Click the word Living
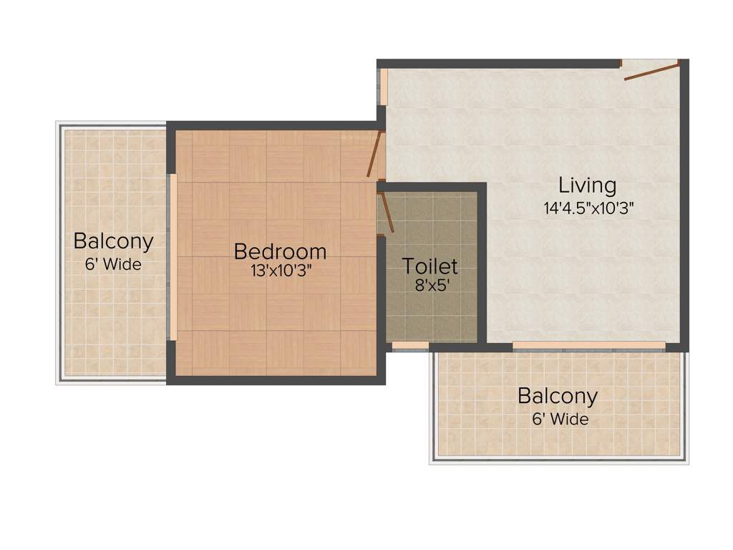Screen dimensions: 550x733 point(587,185)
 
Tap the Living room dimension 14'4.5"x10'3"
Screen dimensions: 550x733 point(588,208)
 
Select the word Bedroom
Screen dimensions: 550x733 point(280,251)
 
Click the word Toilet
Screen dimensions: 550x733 point(429,266)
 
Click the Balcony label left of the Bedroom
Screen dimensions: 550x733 point(113,241)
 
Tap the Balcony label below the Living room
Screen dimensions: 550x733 point(558,395)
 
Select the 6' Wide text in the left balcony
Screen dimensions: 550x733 point(113,264)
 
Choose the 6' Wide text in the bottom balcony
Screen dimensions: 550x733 point(560,418)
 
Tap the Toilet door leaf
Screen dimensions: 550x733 point(387,213)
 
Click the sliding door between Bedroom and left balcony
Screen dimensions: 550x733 point(173,256)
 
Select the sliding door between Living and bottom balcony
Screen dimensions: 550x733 point(588,345)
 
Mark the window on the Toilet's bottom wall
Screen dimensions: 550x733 point(410,346)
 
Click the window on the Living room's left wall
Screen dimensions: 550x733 point(384,87)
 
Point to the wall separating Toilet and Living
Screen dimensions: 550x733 point(482,265)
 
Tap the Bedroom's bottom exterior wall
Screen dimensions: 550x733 point(276,380)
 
